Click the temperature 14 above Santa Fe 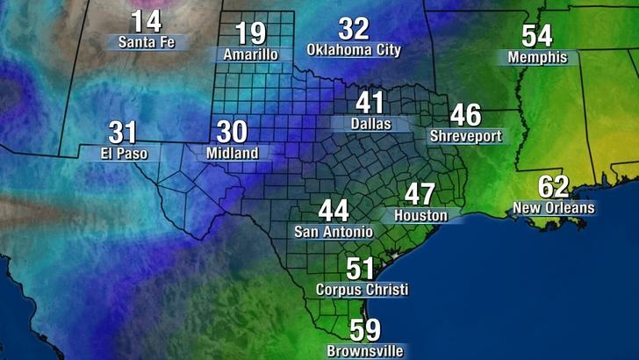pyautogui.click(x=147, y=22)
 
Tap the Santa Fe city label pyautogui.click(x=147, y=41)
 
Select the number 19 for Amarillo pyautogui.click(x=250, y=34)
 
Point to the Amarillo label pyautogui.click(x=250, y=54)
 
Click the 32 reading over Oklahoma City pyautogui.click(x=354, y=29)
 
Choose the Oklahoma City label pyautogui.click(x=354, y=50)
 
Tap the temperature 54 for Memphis pyautogui.click(x=537, y=37)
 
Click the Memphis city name pyautogui.click(x=537, y=58)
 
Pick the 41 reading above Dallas pyautogui.click(x=370, y=104)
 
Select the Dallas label pyautogui.click(x=370, y=125)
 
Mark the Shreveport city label pyautogui.click(x=465, y=136)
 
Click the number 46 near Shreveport pyautogui.click(x=465, y=116)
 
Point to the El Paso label pyautogui.click(x=124, y=154)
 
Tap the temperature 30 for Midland pyautogui.click(x=232, y=133)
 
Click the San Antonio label pyautogui.click(x=333, y=232)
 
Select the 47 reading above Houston pyautogui.click(x=420, y=195)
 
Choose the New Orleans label pyautogui.click(x=554, y=208)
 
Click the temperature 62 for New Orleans pyautogui.click(x=554, y=187)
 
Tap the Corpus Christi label pyautogui.click(x=362, y=289)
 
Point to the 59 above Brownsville pyautogui.click(x=365, y=330)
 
